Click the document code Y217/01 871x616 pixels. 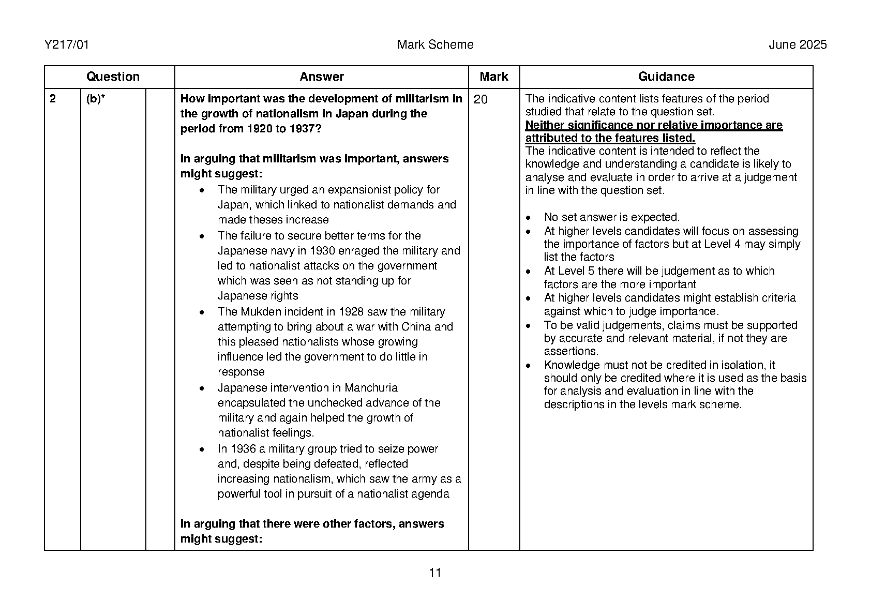click(67, 45)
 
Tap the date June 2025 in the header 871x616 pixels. click(798, 45)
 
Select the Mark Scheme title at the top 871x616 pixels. click(435, 45)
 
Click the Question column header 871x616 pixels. click(113, 77)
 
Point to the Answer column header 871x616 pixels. click(322, 77)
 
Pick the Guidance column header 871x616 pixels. click(666, 77)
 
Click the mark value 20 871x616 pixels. click(480, 99)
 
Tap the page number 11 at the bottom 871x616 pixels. click(435, 573)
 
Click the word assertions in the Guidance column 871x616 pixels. click(564, 351)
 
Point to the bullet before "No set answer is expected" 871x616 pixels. click(528, 218)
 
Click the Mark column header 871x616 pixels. click(493, 77)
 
